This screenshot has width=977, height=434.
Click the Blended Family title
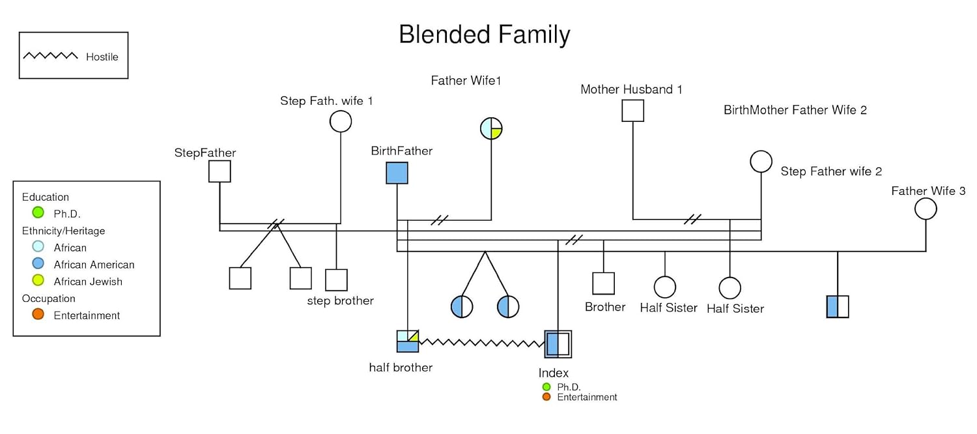[x=484, y=35]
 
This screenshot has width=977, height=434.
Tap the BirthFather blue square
[x=397, y=173]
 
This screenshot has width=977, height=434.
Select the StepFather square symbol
[x=219, y=171]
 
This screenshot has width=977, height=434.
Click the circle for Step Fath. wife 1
[x=341, y=121]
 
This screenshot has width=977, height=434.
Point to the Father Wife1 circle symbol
[x=491, y=128]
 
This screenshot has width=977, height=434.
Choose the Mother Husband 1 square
[x=632, y=111]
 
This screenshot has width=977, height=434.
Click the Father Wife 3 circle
[x=926, y=209]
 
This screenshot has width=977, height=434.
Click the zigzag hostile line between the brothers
[x=482, y=343]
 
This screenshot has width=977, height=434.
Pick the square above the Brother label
[x=603, y=283]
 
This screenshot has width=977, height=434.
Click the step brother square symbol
[x=336, y=280]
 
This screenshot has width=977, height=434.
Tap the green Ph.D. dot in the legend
[x=38, y=212]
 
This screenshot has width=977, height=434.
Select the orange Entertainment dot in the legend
[x=38, y=314]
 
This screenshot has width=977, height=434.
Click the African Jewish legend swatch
[x=38, y=281]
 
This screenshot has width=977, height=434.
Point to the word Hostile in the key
[x=102, y=57]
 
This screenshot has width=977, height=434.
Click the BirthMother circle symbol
[x=761, y=162]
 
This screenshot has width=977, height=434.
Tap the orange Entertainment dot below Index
[x=546, y=397]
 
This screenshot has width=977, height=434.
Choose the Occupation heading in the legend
[x=49, y=298]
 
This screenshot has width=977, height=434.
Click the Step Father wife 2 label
[x=831, y=172]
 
